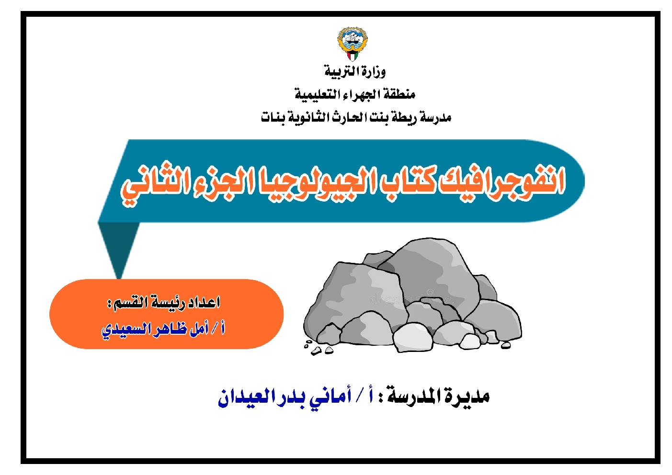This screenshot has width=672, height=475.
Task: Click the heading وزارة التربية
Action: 355,72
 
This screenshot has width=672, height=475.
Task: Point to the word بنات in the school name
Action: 273,117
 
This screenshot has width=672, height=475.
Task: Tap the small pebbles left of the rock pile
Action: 318,348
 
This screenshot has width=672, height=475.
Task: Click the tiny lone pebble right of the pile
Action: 506,345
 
